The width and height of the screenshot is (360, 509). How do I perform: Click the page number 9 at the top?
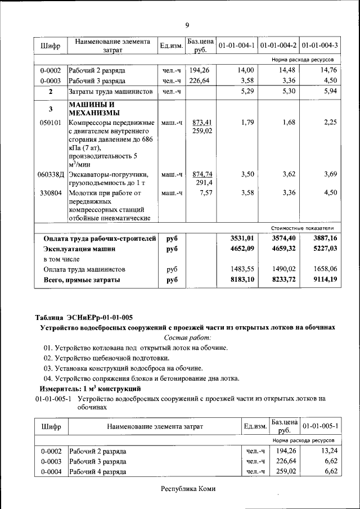tap(187, 24)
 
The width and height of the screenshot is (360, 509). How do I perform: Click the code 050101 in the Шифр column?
tap(51, 123)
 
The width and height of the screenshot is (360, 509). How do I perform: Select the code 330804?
tap(51, 193)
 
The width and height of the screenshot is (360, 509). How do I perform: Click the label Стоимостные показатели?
tap(303, 228)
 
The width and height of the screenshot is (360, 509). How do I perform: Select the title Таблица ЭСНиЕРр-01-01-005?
tap(84, 317)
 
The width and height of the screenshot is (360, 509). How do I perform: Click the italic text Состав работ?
tap(187, 337)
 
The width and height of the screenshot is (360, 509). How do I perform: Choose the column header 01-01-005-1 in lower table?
tap(320, 426)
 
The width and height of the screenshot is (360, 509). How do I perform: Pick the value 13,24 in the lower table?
tap(327, 451)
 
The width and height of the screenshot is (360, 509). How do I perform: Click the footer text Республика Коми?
tap(188, 489)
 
